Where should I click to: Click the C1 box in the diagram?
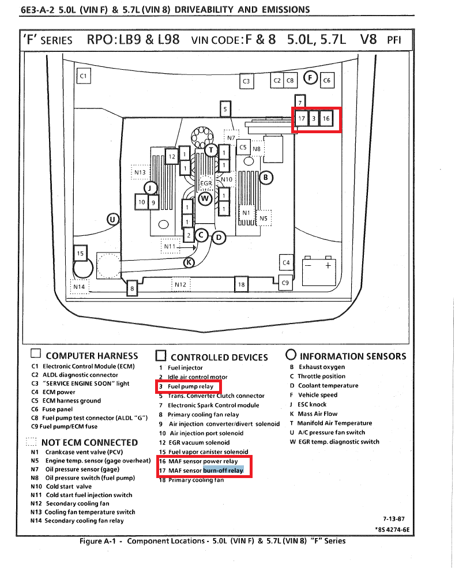84,76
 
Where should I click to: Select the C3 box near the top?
246,81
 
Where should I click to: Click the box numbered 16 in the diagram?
326,119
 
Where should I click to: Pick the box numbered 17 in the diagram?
302,119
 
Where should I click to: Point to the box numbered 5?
225,108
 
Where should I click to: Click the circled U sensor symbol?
113,219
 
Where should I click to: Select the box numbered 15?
80,253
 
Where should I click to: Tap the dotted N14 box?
79,286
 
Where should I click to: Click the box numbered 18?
242,284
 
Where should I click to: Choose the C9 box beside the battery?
285,282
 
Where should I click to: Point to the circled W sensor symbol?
205,198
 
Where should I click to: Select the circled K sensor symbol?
189,262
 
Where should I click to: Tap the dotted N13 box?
140,172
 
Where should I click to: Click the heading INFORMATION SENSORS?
353,356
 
